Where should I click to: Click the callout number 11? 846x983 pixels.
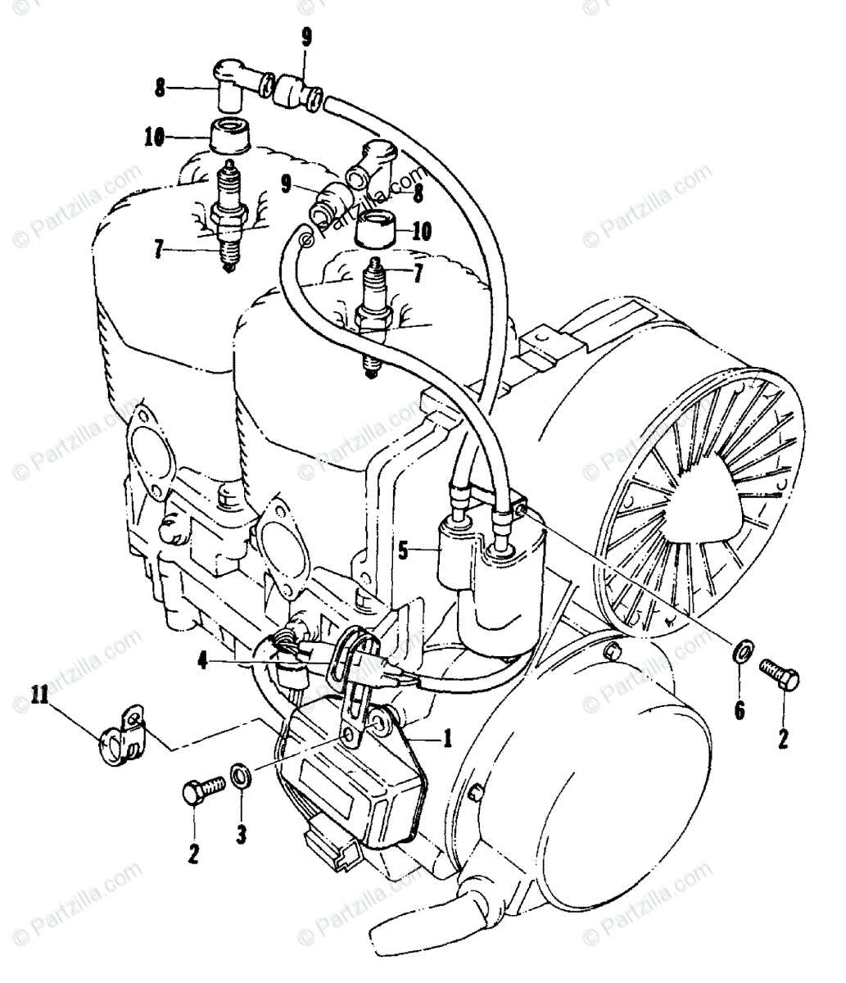pyautogui.click(x=38, y=697)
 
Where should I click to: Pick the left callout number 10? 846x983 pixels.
pyautogui.click(x=154, y=138)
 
